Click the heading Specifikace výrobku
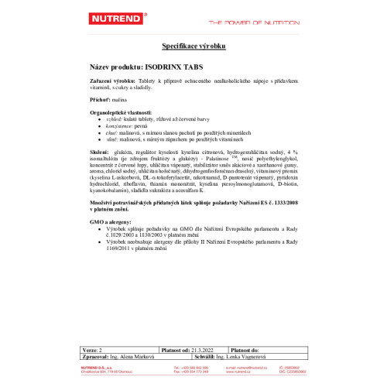[193, 47]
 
